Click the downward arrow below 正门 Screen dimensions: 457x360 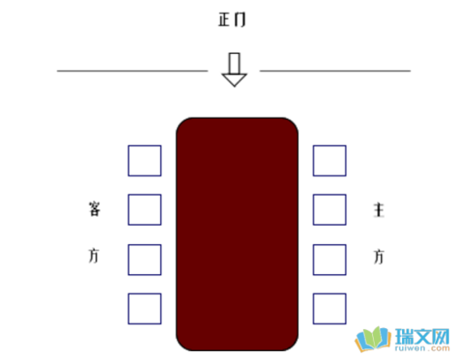pos(235,69)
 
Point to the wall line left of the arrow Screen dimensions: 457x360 pos(132,69)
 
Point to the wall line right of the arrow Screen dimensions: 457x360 pos(335,69)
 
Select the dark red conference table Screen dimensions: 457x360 pos(237,233)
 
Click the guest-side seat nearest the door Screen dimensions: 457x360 pos(144,161)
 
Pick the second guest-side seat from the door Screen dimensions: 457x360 pos(144,210)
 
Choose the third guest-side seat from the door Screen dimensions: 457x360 pos(144,259)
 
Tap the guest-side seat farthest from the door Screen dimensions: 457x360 pos(144,308)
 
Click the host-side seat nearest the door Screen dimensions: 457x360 pos(330,161)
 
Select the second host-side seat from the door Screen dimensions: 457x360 pos(330,210)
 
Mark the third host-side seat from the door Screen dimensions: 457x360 pos(330,259)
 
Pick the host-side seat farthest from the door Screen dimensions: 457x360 pos(330,308)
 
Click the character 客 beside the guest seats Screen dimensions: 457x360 pos(95,209)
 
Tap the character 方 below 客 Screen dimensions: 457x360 pos(95,255)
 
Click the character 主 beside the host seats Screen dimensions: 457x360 pos(378,210)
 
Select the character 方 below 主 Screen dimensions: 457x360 pos(378,256)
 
